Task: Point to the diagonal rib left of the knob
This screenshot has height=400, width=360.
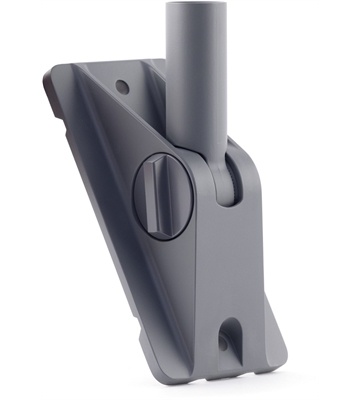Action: click(110, 150)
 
